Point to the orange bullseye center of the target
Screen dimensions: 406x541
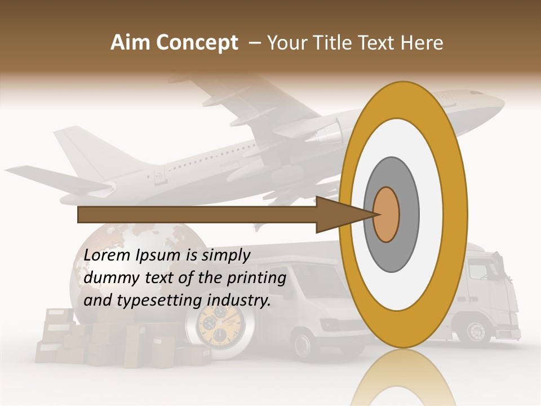coord(387,214)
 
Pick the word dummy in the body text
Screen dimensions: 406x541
coord(109,278)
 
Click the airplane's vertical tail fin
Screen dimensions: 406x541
coord(90,149)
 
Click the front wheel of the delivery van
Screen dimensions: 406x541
coord(305,343)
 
